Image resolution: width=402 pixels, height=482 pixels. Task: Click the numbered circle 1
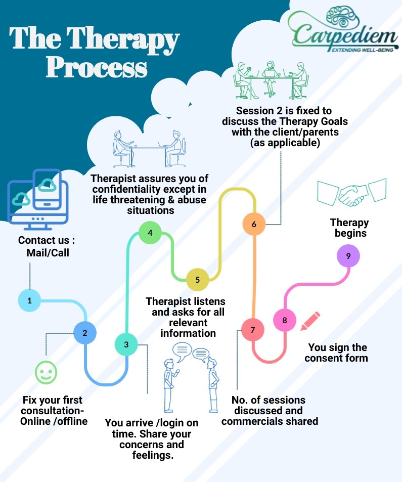pos(29,300)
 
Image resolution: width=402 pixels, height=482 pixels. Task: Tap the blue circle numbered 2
pos(85,333)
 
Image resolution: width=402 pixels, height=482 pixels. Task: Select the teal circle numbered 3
pos(126,344)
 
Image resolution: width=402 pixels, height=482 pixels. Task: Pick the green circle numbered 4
pos(150,233)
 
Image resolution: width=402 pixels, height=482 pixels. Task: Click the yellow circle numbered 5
pos(197,279)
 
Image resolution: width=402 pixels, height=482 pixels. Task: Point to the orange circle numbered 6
pos(254,224)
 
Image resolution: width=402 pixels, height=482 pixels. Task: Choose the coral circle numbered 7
pos(252,330)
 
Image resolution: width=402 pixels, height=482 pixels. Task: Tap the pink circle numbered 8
pos(285,320)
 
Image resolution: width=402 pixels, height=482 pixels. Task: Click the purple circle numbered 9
pos(348,256)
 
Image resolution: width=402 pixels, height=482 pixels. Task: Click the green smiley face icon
pos(46,373)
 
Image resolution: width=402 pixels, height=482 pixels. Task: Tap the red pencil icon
pos(310,321)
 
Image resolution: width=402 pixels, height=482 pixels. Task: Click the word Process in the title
pos(97,67)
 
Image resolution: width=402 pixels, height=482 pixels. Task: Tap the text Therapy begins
pos(349,228)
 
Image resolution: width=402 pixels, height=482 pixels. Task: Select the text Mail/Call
pos(48,252)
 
